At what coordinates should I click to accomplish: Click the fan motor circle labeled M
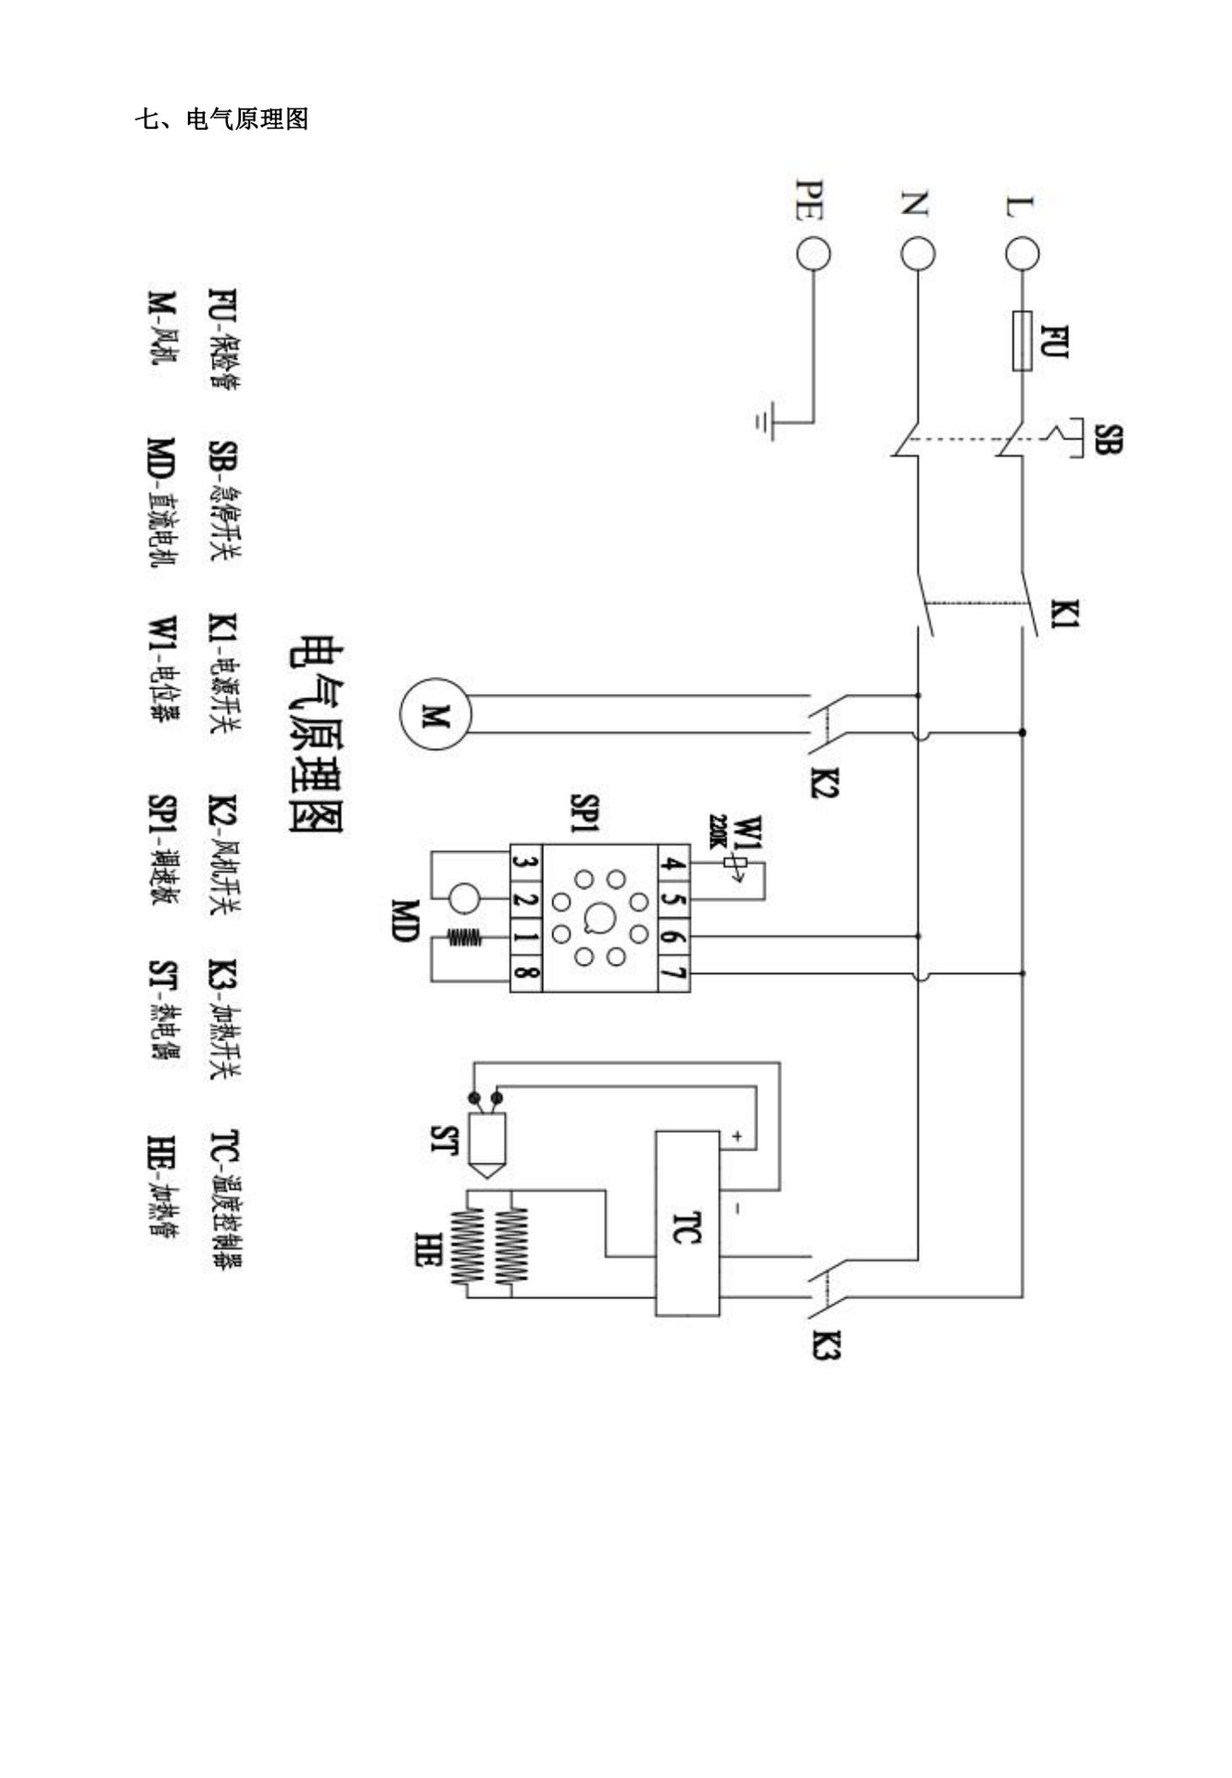435,714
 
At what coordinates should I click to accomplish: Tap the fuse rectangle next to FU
1023,341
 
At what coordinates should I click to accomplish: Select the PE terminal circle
813,254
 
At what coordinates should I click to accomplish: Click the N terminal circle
918,254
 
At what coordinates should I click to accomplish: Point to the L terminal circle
1023,254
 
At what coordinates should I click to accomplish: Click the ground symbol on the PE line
765,421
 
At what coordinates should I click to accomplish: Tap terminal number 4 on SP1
673,864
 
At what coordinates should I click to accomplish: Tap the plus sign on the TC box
737,1134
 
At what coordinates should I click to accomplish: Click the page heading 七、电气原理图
221,119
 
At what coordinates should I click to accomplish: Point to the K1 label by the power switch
1065,614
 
